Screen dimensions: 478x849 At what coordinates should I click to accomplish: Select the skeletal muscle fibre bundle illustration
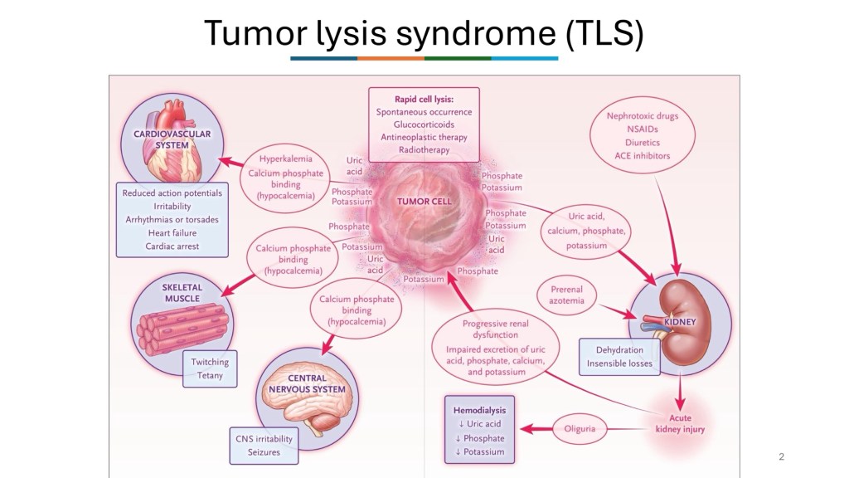point(177,329)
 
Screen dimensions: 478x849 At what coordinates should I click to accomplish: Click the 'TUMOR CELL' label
point(424,202)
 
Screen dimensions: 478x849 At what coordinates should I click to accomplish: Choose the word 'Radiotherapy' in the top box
point(424,150)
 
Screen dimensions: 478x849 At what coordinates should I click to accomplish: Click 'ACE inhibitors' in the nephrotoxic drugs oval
point(643,155)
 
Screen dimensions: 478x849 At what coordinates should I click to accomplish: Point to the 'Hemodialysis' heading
point(479,410)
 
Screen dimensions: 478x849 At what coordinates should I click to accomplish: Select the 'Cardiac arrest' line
point(172,246)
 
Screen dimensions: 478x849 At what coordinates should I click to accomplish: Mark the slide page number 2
point(781,456)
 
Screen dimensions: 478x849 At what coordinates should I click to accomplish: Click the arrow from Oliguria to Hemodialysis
point(530,429)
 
